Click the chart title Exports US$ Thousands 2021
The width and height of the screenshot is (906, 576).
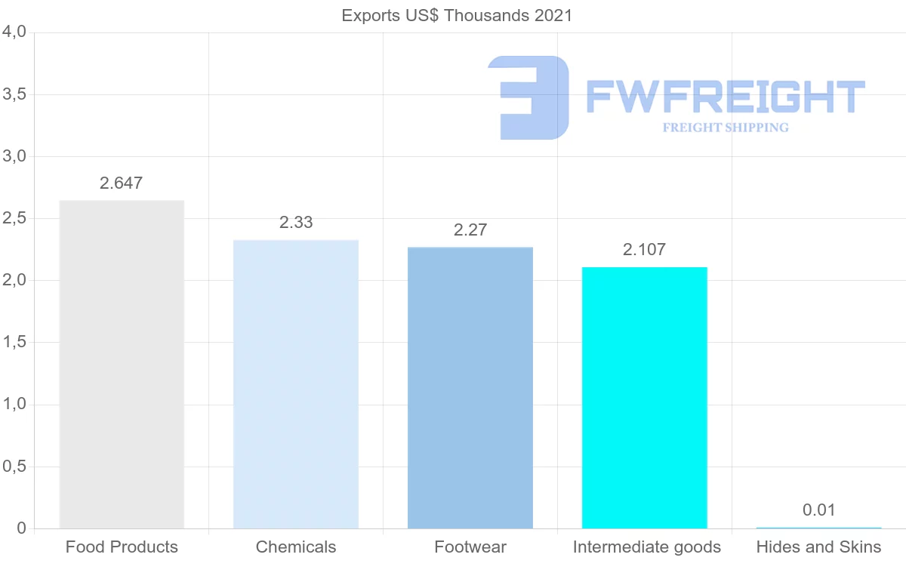coord(457,15)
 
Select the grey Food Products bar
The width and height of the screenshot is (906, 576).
coord(122,364)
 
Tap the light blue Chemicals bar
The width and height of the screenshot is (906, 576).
coord(296,384)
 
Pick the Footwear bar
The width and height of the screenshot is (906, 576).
coord(470,387)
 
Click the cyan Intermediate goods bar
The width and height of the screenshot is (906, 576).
coord(645,398)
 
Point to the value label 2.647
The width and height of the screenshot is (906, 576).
coord(121,183)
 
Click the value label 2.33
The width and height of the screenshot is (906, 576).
coord(296,223)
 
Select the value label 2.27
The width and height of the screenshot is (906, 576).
coord(470,230)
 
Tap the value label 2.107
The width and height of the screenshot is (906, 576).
coord(645,250)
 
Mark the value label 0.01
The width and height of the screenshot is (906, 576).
coord(819,510)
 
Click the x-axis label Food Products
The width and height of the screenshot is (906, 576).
coord(122,547)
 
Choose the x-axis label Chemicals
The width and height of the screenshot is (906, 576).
coord(296,547)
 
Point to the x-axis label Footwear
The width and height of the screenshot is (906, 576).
coord(470,547)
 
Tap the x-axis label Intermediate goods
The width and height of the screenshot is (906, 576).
coord(647,547)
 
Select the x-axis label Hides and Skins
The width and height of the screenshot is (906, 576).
coord(819,547)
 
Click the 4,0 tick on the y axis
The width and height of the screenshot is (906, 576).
coord(15,32)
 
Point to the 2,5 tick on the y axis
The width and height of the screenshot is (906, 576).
coord(15,219)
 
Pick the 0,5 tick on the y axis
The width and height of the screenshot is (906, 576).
coord(15,467)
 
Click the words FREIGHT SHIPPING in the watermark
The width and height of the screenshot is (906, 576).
coord(726,128)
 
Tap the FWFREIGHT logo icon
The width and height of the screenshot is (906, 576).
coord(529,97)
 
